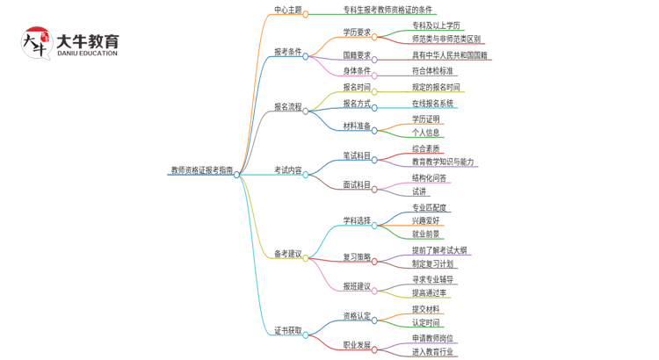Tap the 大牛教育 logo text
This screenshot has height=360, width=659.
point(86,41)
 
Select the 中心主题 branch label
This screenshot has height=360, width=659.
point(287,11)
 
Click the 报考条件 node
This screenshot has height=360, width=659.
point(287,52)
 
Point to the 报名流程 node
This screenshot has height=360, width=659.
point(287,107)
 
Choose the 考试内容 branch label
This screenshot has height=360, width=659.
point(287,170)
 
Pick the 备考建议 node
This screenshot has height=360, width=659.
point(287,254)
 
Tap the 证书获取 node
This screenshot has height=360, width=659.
point(287,331)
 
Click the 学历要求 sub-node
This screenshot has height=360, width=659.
point(357,32)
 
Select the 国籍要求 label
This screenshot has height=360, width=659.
point(357,54)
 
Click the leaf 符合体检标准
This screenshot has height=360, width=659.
point(432,71)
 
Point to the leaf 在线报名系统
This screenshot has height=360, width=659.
point(432,104)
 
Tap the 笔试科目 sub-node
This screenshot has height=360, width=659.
point(357,156)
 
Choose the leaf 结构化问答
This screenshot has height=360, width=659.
point(429,177)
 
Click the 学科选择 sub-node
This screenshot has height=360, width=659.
point(357,220)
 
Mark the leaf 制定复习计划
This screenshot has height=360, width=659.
point(432,263)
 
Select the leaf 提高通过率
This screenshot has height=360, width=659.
point(429,292)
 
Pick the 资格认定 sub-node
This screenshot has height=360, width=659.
point(357,316)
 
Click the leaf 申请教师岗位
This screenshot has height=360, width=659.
point(432,338)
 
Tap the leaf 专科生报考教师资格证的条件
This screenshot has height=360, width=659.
point(387,11)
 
